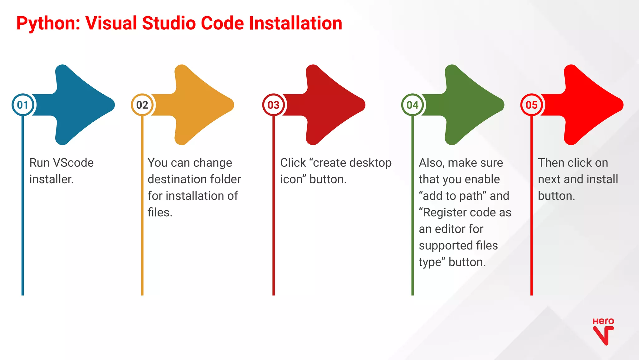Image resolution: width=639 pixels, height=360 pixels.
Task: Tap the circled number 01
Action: (x=23, y=105)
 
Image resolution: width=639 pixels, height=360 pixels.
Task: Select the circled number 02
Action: (x=142, y=105)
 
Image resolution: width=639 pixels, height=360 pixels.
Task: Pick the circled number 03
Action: (x=274, y=105)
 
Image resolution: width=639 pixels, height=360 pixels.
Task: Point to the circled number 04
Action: (x=412, y=105)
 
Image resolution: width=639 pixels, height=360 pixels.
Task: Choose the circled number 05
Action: (x=532, y=105)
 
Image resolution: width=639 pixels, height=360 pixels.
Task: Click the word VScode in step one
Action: (x=73, y=163)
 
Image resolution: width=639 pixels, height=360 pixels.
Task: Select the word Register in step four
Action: (x=444, y=212)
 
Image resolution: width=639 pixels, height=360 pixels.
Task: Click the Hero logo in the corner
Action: (x=603, y=332)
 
